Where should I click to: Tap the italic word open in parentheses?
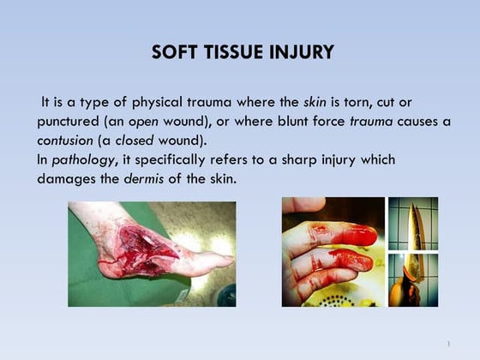pyautogui.click(x=144, y=121)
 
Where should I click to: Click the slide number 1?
pyautogui.click(x=448, y=344)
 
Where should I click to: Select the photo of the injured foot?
pyautogui.click(x=152, y=254)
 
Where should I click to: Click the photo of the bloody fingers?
pyautogui.click(x=333, y=252)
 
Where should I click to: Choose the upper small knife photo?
pyautogui.click(x=412, y=223)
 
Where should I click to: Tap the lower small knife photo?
pyautogui.click(x=412, y=279)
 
